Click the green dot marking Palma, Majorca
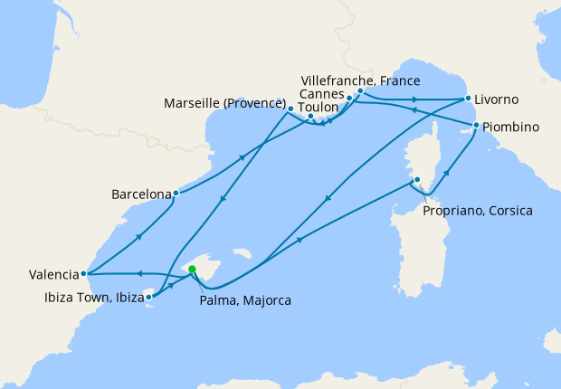192,267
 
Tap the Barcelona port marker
176,193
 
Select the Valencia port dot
83,273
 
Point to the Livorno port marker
468,98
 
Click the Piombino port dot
476,125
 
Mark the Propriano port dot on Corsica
417,179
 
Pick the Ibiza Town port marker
149,296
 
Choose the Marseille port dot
290,109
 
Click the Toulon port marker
310,117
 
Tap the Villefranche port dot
360,90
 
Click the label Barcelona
140,194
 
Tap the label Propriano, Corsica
478,211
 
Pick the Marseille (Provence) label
223,104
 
